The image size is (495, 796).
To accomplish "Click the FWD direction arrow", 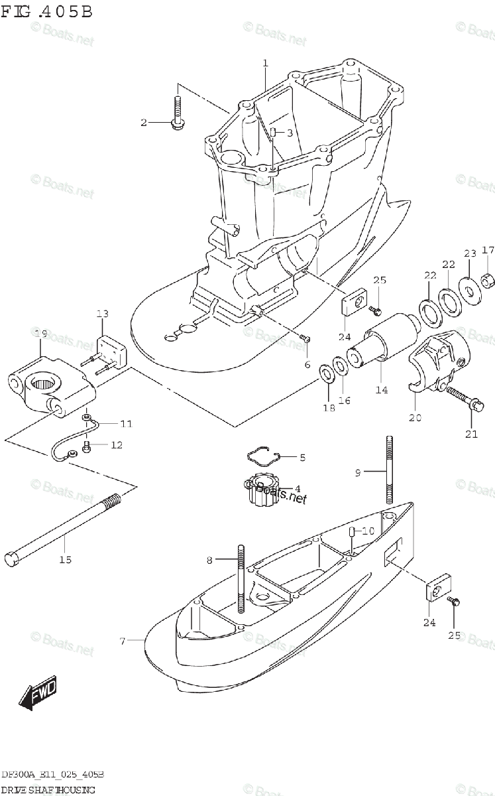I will click(x=38, y=693).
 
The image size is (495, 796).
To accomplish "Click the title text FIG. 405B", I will click(x=46, y=13).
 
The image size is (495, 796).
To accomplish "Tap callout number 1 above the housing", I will click(x=265, y=64).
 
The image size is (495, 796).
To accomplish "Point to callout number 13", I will click(x=102, y=314).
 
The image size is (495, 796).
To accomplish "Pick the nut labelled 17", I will click(x=487, y=282).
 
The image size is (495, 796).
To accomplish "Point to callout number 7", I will click(x=122, y=640).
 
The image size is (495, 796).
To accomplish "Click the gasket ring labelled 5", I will click(x=263, y=456).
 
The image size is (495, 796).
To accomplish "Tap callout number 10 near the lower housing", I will click(x=368, y=531).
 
